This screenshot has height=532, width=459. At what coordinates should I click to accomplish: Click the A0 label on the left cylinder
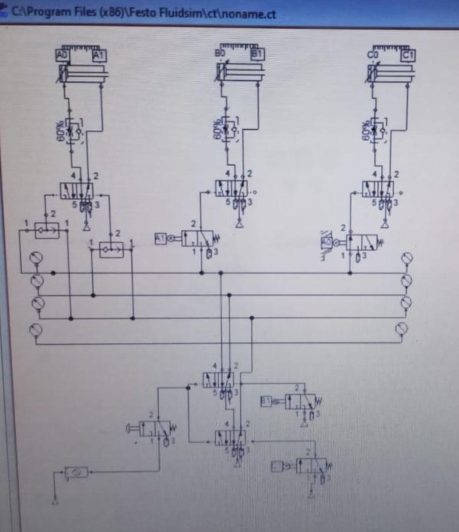(x=62, y=55)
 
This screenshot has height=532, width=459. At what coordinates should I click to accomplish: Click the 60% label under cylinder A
(x=60, y=132)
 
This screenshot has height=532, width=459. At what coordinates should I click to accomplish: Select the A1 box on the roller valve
(x=161, y=239)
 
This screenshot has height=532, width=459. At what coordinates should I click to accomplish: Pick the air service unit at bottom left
(x=76, y=472)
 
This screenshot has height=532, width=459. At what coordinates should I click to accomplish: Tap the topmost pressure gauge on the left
(x=36, y=258)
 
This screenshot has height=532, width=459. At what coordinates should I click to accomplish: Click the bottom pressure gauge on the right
(x=402, y=328)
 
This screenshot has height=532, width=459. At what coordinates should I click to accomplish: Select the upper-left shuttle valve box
(x=47, y=230)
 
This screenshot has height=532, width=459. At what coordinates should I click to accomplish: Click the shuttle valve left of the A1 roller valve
(x=111, y=250)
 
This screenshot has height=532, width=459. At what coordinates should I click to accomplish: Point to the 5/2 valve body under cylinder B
(x=232, y=188)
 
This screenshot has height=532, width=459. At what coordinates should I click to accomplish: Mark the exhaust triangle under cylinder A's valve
(x=87, y=225)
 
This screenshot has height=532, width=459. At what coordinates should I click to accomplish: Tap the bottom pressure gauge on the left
(x=36, y=329)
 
